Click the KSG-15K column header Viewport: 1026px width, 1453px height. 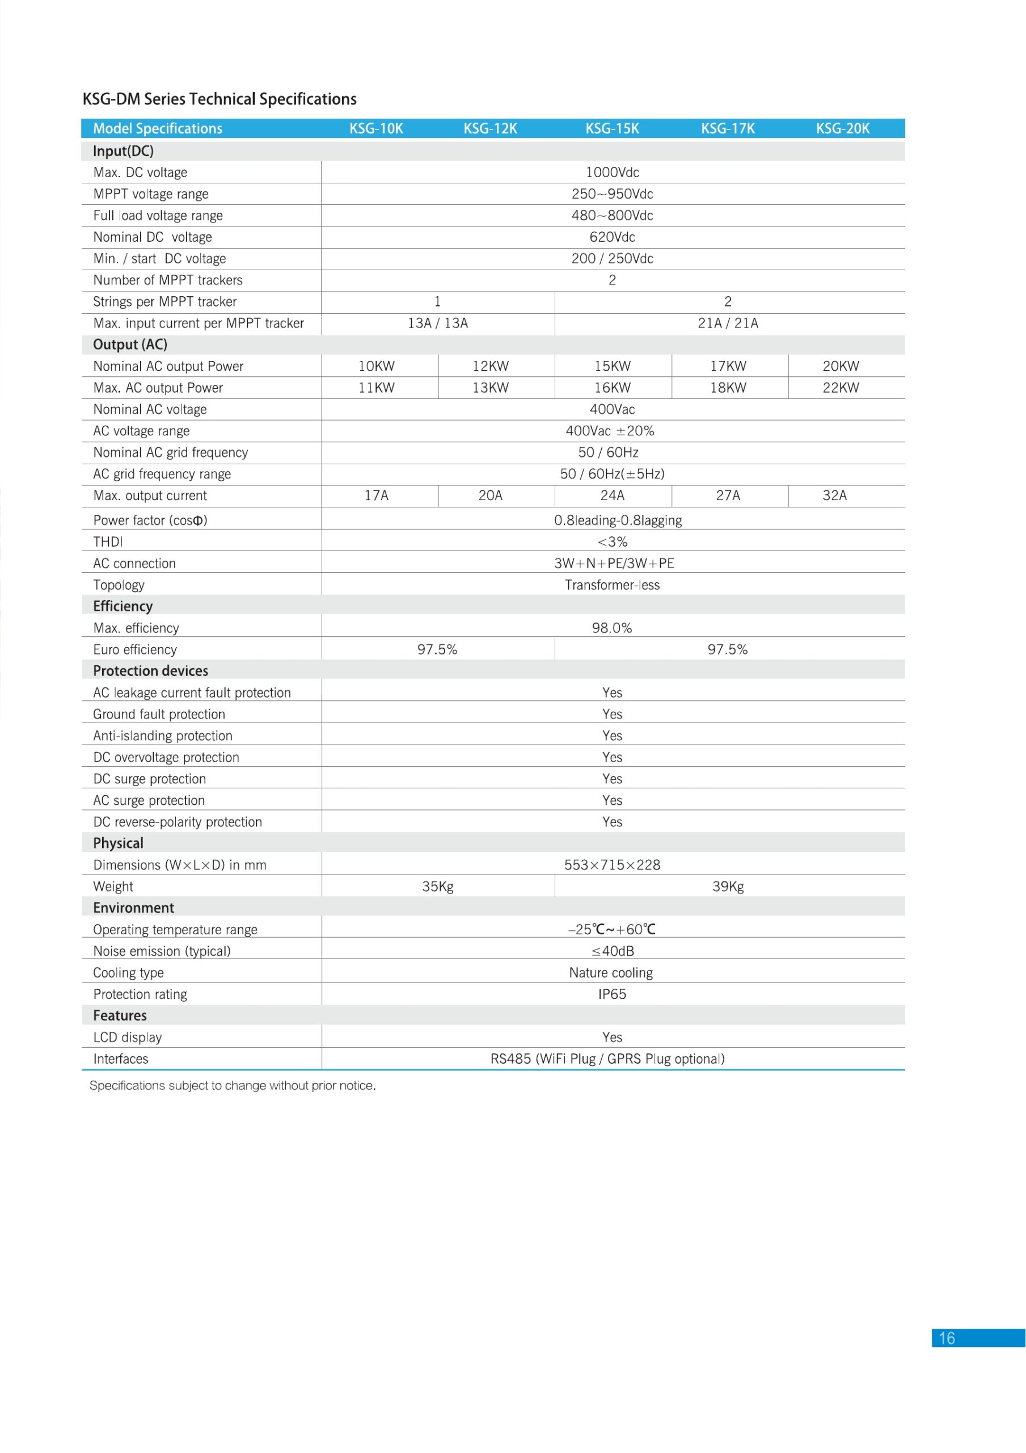611,128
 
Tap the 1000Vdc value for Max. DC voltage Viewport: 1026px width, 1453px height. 611,172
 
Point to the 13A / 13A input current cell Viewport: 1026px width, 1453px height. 438,324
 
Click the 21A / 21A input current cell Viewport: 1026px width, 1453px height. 728,324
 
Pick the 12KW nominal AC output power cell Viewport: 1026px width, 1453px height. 490,367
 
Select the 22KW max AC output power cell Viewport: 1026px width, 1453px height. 841,388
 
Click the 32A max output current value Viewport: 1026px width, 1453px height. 834,495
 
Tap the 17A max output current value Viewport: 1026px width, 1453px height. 377,495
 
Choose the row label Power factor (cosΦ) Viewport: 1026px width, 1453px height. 150,520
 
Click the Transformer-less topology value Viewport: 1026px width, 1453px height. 611,585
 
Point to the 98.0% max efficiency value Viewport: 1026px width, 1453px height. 611,628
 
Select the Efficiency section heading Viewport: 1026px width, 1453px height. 123,606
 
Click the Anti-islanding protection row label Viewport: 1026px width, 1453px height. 163,736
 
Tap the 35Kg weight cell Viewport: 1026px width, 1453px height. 438,886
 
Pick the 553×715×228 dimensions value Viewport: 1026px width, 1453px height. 611,864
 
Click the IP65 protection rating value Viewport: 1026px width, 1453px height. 611,994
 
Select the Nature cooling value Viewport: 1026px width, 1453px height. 610,972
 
